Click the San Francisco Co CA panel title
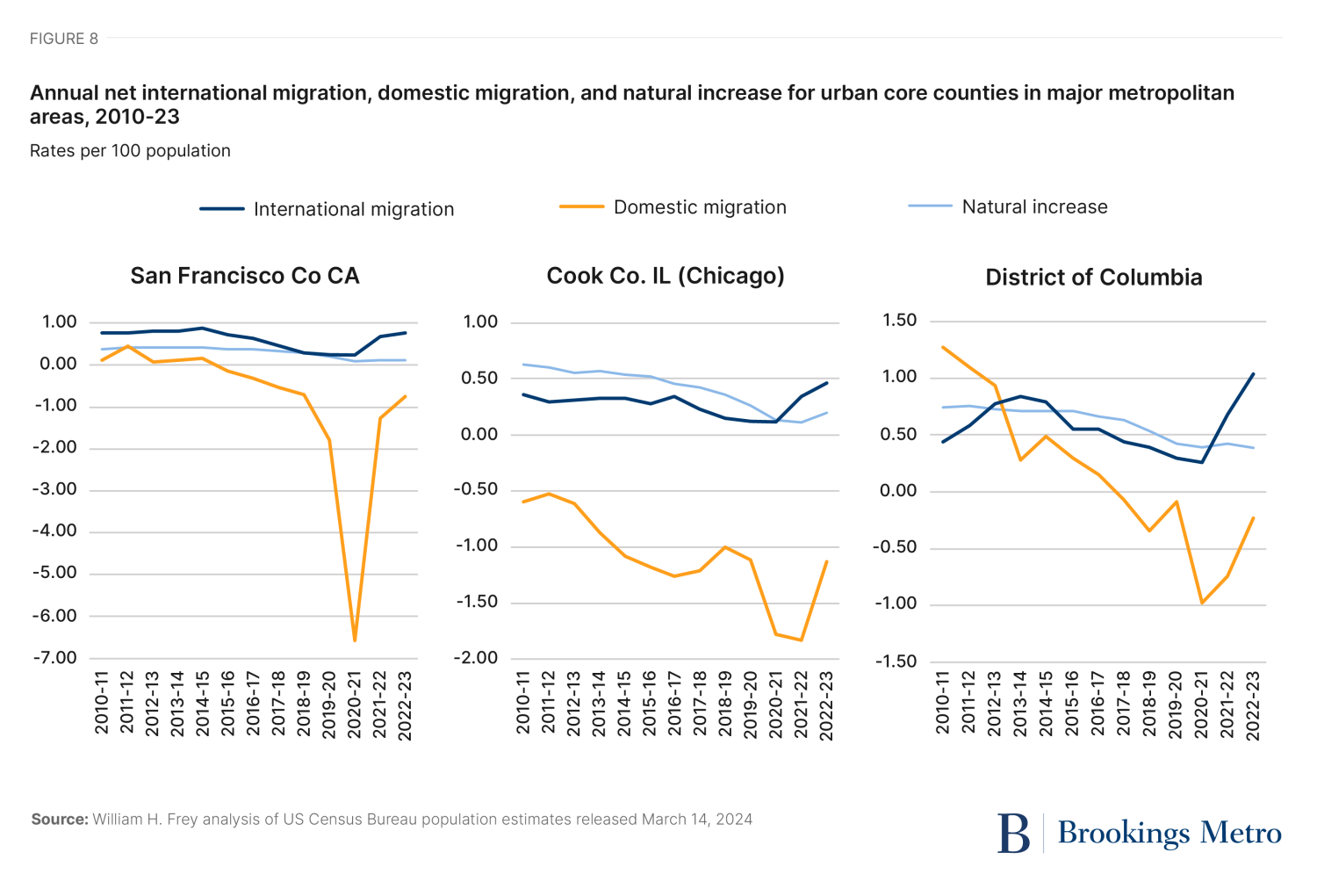(245, 276)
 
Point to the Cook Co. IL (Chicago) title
(666, 276)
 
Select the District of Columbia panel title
(1093, 278)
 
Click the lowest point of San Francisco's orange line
(355, 640)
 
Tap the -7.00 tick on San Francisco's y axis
(55, 658)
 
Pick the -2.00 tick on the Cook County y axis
(476, 658)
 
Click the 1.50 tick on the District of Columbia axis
(899, 321)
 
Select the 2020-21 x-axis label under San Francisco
(354, 705)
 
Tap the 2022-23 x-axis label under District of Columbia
(1253, 705)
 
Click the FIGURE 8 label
(64, 39)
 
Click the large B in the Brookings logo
(1013, 833)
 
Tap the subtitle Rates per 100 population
(130, 151)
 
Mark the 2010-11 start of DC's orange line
(943, 347)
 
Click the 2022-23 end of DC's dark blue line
(1253, 374)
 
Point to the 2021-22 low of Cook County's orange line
(802, 640)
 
